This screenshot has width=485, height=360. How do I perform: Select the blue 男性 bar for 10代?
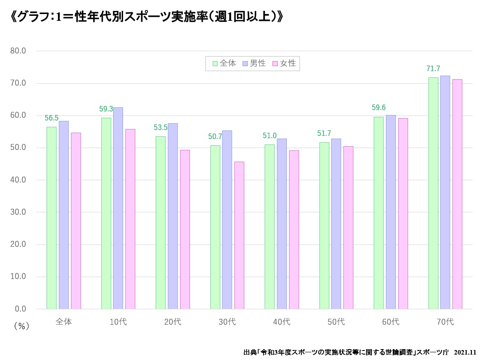pos(118,208)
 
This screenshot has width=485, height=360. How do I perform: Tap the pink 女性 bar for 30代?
pos(239,235)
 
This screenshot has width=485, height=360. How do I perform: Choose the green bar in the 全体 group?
pos(52,218)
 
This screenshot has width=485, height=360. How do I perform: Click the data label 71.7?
pos(433,69)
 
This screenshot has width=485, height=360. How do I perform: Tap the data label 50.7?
pos(215,136)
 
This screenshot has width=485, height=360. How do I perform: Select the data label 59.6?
pos(378,108)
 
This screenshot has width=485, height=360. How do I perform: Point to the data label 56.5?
pos(52,118)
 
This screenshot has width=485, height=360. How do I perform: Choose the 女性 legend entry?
pos(284,63)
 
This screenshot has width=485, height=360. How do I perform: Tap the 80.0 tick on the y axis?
pos(18,51)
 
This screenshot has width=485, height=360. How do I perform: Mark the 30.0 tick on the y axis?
pos(18,212)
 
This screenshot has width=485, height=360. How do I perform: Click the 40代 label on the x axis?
pos(281,322)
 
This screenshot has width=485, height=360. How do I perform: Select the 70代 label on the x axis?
pos(445,322)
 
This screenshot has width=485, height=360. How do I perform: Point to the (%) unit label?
pos(21,326)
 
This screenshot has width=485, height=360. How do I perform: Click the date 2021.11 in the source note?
pos(465,352)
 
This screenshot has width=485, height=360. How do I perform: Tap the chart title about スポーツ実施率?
pos(147,17)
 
